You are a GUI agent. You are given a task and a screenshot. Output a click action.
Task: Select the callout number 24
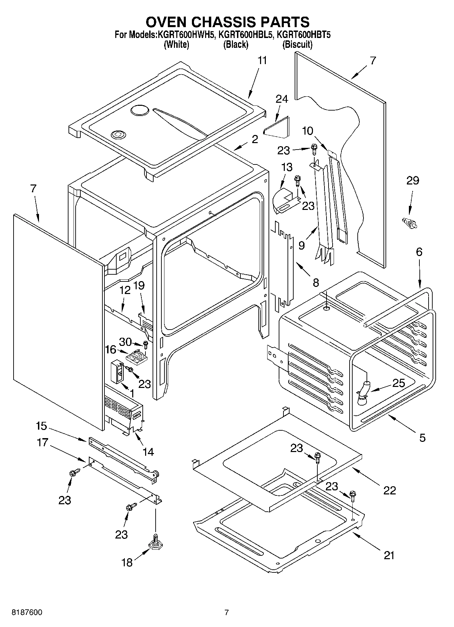point(282,99)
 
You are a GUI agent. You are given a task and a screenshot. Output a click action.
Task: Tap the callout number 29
point(413,181)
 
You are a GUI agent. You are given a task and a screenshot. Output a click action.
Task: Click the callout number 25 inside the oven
point(398,383)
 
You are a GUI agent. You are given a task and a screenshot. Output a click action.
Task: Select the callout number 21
point(389,555)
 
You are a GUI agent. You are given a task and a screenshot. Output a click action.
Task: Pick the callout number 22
point(389,490)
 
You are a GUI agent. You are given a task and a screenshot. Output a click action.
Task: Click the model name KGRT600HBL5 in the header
point(245,34)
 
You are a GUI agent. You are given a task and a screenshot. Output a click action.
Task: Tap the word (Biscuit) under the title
point(297,44)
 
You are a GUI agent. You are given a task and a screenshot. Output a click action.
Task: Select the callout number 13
point(287,167)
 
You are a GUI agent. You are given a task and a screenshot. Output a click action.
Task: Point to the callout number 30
point(125,342)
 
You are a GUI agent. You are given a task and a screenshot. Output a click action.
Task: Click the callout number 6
point(419,252)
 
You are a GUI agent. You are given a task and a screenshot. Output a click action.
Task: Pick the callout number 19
point(139,286)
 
